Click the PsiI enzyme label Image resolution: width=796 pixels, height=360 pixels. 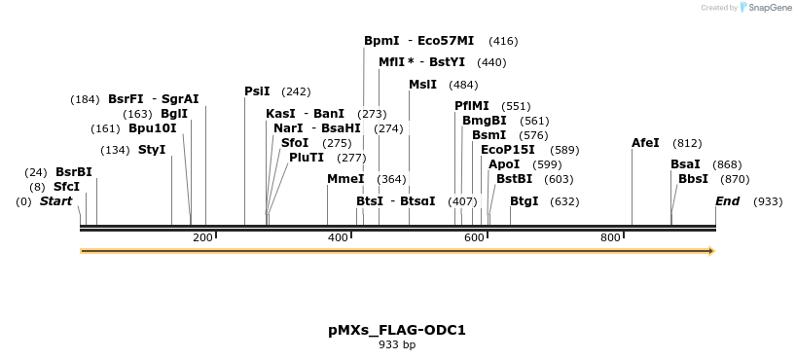pos(257,91)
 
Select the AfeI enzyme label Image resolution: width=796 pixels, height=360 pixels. pos(645,143)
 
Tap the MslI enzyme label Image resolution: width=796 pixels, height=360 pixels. pos(422,85)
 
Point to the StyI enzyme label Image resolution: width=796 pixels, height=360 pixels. pos(152,150)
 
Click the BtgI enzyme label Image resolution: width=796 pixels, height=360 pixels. pos(524,201)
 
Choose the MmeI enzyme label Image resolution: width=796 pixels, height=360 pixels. pos(345,179)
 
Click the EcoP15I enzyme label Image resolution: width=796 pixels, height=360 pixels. pos(507,150)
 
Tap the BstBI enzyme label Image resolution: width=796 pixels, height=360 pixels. pos(514,179)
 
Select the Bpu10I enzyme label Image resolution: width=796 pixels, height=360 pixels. pos(153,128)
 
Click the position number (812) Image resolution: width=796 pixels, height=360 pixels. pos(687,143)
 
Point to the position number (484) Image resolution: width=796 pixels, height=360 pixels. pos(463,85)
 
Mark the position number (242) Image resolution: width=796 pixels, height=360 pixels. pos(296,91)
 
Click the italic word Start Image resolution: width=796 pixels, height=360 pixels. pos(55,201)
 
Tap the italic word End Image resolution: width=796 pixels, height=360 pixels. pos(727,201)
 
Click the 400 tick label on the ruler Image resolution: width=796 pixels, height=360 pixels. pos(338,238)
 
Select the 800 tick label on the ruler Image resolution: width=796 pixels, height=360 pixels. pos(610,238)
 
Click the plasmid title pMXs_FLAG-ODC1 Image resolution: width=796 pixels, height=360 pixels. pos(397,330)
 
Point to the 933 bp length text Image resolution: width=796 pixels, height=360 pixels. pos(397,344)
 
